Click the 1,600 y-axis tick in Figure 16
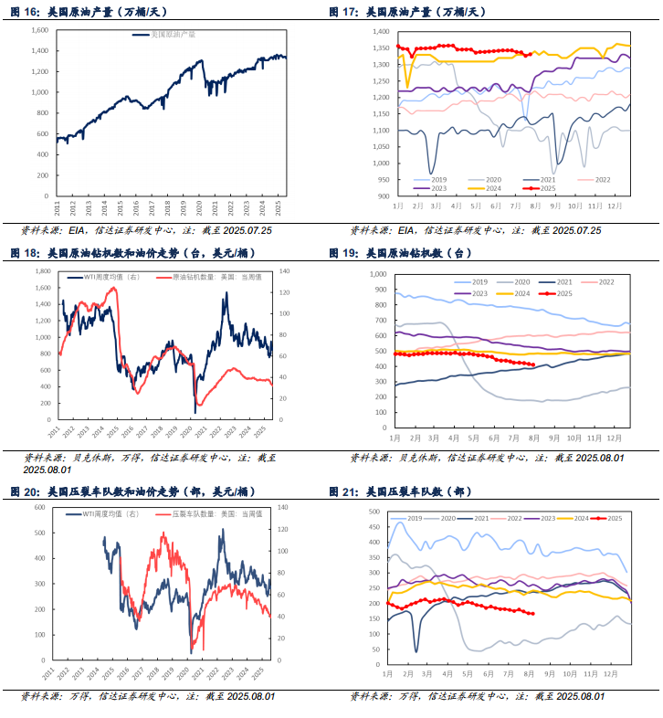pos(39,30)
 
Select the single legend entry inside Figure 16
pos(171,35)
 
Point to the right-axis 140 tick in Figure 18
pos(285,271)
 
